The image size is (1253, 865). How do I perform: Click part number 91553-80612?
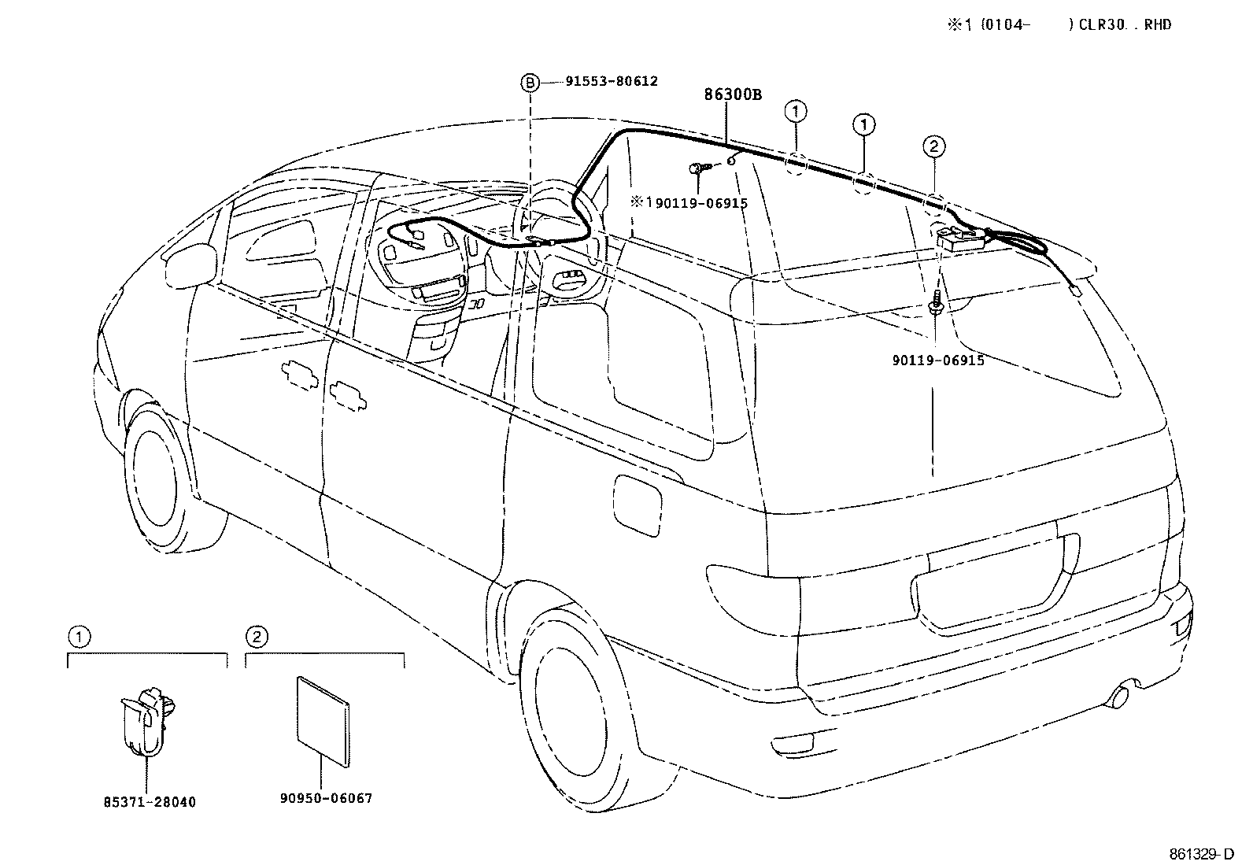(611, 81)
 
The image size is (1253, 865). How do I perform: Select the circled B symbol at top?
(530, 81)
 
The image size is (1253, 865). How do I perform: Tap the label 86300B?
(732, 95)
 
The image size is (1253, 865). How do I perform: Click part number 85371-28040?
(150, 802)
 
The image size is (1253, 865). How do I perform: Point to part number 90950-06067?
(325, 798)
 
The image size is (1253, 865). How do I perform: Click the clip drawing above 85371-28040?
(146, 719)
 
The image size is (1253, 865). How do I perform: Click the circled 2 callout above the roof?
(933, 146)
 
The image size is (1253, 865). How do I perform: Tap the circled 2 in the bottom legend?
(256, 636)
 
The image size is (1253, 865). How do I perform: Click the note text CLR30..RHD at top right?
(1120, 24)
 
